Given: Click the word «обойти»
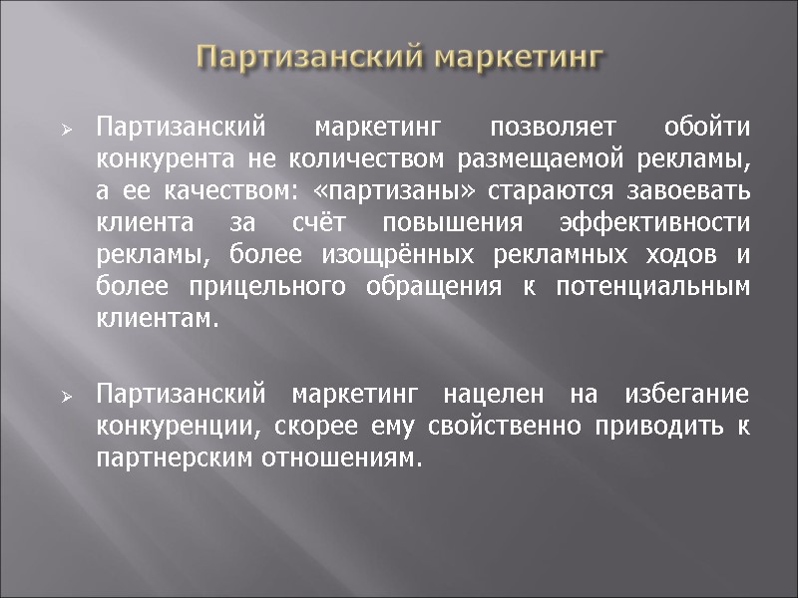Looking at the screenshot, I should [x=707, y=129].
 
